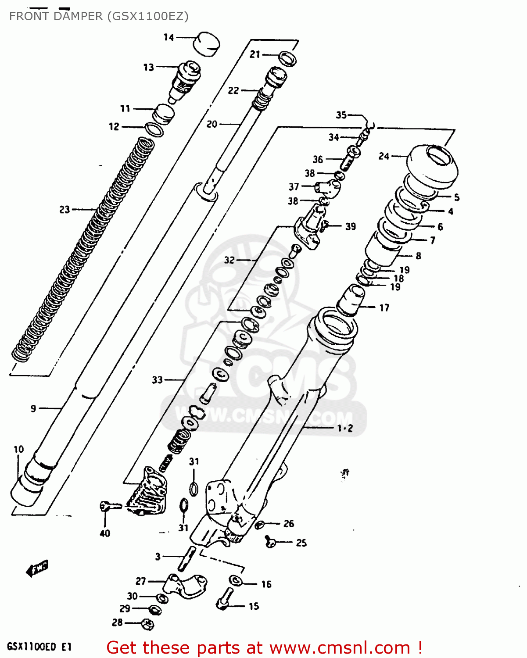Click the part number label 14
[x=169, y=37]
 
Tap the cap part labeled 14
[x=207, y=44]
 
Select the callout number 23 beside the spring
[x=65, y=210]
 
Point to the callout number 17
[x=384, y=308]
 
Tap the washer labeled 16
[x=236, y=580]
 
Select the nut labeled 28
[x=148, y=623]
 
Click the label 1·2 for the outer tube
[x=345, y=429]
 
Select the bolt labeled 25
[x=270, y=542]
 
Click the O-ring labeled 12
[x=154, y=130]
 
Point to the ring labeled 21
[x=287, y=58]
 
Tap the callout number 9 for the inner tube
[x=33, y=409]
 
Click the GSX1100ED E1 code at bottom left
[x=39, y=647]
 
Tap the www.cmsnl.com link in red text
[x=340, y=648]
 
